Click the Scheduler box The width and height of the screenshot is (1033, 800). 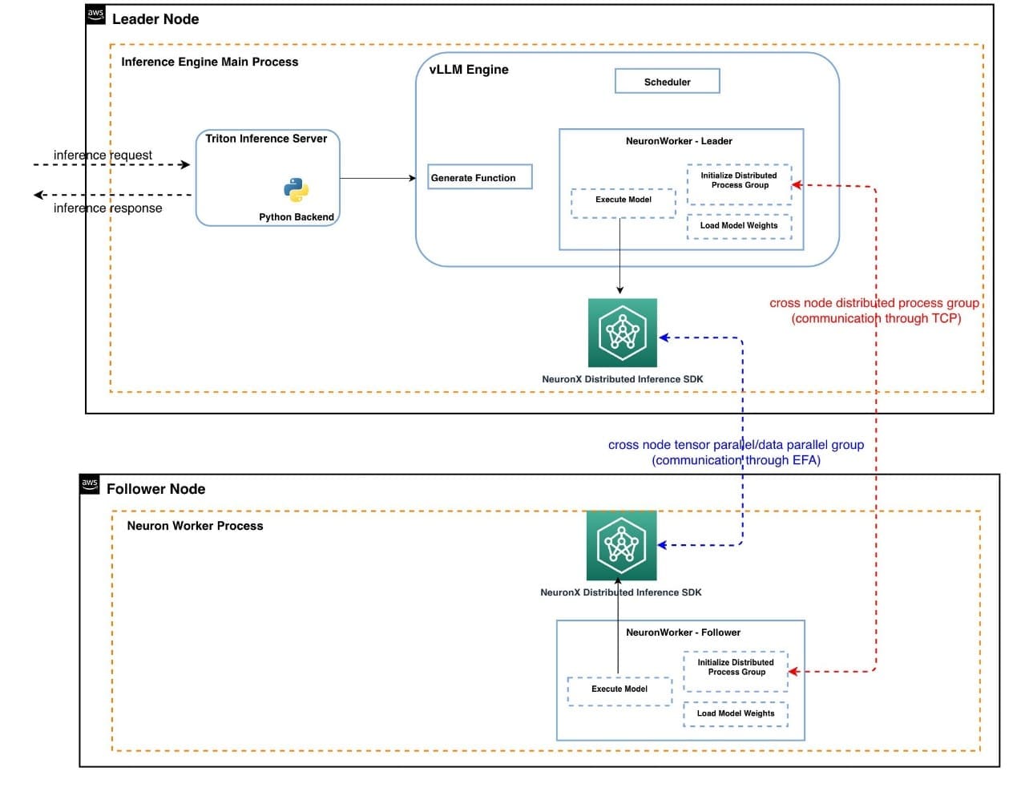667,81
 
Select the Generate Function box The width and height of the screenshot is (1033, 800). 479,177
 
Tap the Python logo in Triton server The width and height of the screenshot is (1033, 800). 296,190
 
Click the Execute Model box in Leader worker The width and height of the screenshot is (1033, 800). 623,203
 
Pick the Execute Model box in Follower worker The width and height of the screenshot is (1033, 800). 619,690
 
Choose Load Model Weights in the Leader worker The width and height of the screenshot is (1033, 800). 739,226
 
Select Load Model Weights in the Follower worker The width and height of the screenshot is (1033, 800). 736,713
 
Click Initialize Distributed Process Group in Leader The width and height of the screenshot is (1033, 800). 739,183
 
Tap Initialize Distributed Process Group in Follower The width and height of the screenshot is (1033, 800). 736,670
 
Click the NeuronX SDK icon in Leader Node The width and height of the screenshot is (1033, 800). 622,333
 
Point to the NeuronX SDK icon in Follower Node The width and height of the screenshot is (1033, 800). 621,545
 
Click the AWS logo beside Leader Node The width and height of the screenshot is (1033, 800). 95,14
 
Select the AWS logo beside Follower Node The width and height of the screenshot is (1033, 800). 90,483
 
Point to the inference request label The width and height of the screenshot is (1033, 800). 103,155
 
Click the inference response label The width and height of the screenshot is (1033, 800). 107,208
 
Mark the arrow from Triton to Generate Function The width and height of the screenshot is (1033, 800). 377,178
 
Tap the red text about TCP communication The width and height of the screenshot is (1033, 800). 874,310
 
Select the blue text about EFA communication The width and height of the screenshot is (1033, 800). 736,452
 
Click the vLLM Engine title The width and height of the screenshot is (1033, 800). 469,69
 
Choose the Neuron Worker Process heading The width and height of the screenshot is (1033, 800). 195,526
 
